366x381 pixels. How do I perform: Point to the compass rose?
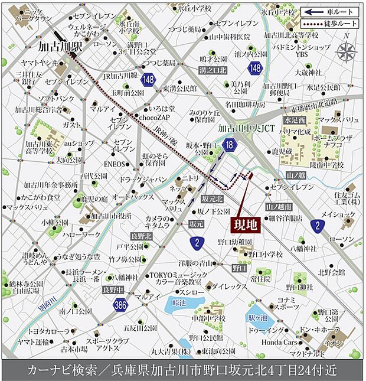pyautogui.click(x=347, y=52)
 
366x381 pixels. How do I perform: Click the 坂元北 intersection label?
pyautogui.click(x=212, y=198)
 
